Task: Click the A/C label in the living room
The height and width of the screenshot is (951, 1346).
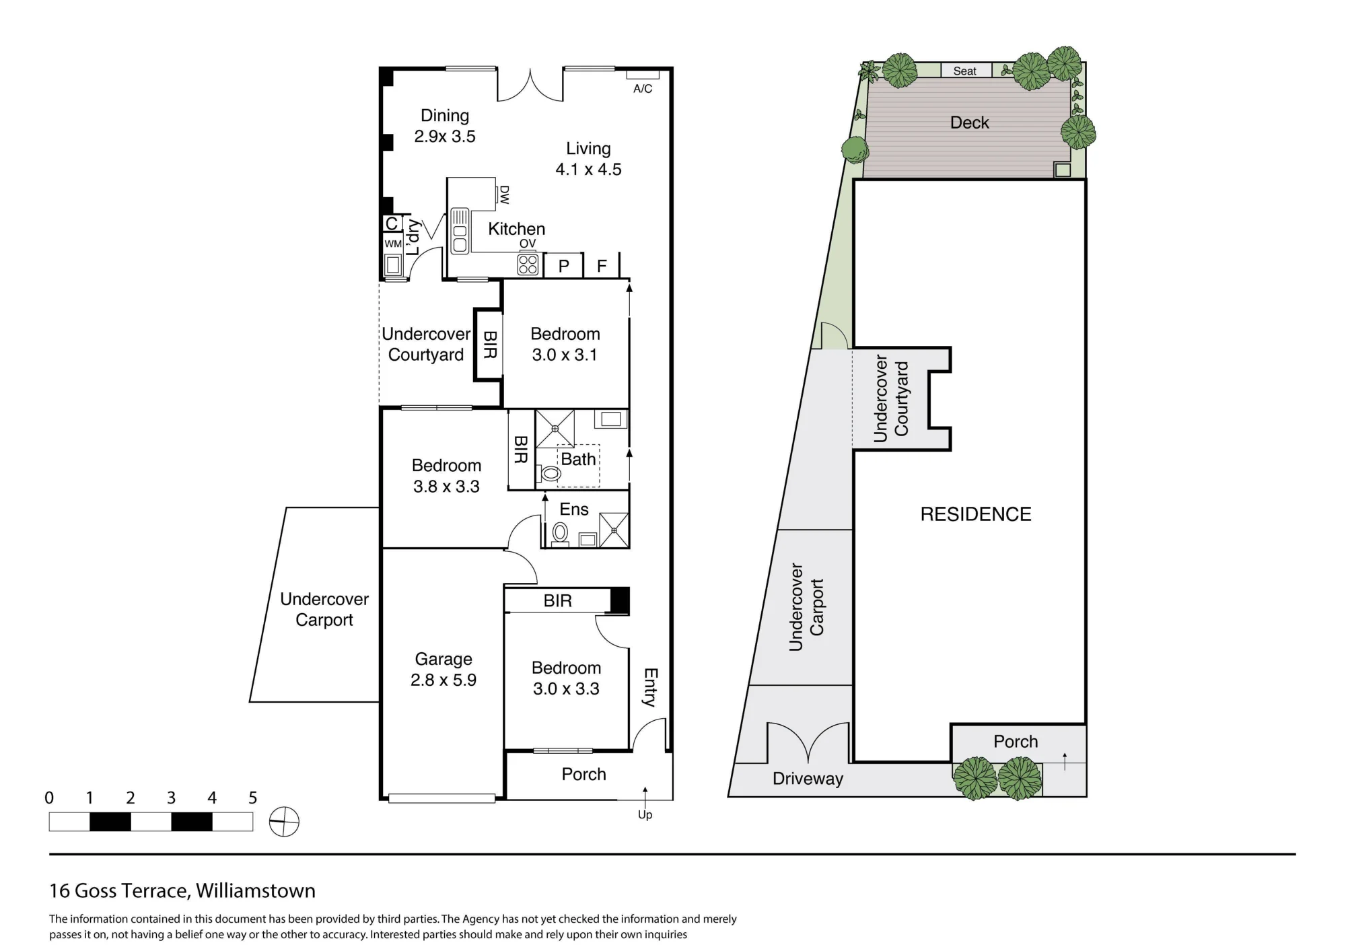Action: [643, 89]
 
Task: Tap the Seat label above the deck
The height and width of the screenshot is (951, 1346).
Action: [964, 71]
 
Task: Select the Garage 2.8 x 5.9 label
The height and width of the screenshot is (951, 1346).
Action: [444, 670]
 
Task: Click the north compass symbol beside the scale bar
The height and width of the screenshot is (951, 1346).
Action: [284, 821]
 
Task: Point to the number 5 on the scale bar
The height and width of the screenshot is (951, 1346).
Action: [252, 798]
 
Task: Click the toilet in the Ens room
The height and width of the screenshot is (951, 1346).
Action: [559, 533]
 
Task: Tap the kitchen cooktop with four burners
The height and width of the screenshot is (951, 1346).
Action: [528, 265]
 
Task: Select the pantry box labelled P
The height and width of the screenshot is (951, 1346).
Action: [563, 265]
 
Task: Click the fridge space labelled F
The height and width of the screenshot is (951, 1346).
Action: [602, 265]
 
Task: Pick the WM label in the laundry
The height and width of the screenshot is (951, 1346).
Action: [393, 244]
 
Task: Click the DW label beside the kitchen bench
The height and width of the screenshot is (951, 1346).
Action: [504, 195]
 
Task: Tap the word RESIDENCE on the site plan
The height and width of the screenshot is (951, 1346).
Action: [976, 514]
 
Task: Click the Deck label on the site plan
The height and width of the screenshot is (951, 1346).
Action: [969, 122]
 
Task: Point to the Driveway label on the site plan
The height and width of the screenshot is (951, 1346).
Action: [808, 779]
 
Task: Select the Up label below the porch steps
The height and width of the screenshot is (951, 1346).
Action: [645, 815]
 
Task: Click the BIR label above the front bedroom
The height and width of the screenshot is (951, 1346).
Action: [557, 600]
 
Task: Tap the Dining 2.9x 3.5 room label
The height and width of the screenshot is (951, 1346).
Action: [445, 126]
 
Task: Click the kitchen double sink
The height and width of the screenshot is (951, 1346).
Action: [460, 231]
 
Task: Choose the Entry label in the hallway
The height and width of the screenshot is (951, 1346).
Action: [651, 687]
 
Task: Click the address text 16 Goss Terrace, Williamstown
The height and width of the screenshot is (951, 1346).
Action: [182, 890]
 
